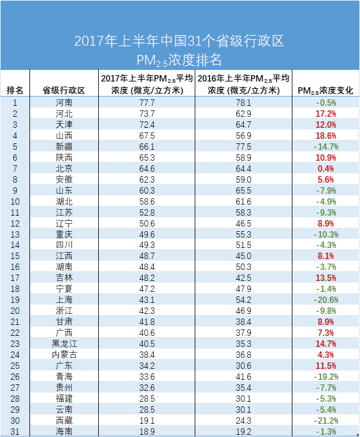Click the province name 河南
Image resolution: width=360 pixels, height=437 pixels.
click(x=64, y=103)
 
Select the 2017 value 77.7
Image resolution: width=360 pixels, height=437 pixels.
click(x=147, y=103)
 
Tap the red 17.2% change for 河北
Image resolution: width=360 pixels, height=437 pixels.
click(x=326, y=114)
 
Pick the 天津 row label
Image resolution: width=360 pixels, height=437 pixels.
click(x=64, y=125)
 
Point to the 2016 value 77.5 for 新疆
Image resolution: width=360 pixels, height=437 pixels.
click(x=243, y=147)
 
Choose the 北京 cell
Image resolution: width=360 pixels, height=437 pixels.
click(x=64, y=168)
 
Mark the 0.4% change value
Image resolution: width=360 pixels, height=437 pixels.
click(x=326, y=168)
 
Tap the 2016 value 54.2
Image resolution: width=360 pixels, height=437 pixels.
click(x=243, y=299)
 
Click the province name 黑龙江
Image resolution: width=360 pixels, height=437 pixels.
click(x=64, y=343)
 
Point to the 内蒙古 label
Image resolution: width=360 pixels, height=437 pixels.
click(x=64, y=354)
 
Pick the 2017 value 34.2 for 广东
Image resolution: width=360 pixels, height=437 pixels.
click(x=147, y=365)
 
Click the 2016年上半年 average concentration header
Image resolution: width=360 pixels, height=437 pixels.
click(x=243, y=84)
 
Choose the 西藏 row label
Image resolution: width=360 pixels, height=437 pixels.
click(x=64, y=420)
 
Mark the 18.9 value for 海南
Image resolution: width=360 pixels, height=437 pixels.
click(x=147, y=431)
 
